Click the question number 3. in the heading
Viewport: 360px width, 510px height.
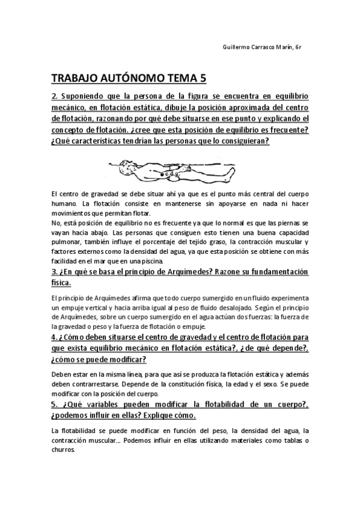[55, 271]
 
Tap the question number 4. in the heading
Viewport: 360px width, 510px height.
[55, 337]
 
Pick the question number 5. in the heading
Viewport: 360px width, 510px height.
[55, 404]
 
